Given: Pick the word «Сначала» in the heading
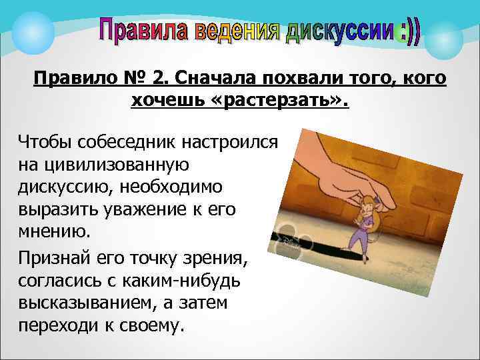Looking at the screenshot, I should point(200,79).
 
